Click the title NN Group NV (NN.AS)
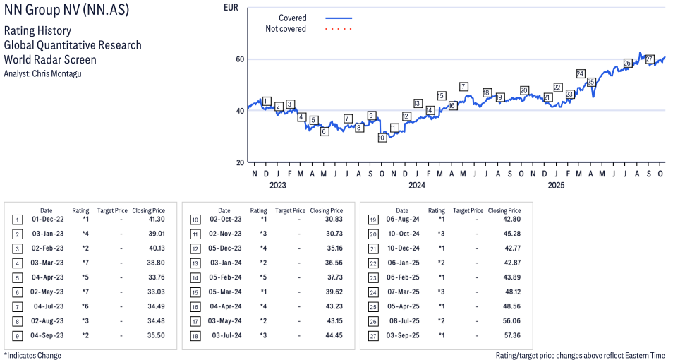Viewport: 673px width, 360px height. [66, 12]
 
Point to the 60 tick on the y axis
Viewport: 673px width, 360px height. [241, 59]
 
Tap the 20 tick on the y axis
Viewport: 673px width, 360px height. [241, 162]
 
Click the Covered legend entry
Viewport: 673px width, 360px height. [292, 18]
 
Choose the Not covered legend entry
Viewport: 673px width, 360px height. [286, 29]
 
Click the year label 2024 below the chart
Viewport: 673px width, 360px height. [416, 186]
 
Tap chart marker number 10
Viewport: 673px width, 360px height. [382, 138]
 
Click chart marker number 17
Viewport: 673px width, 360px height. [463, 87]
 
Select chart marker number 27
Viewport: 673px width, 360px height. [650, 59]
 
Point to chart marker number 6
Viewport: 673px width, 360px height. [324, 131]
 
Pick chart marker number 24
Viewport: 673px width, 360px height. [581, 73]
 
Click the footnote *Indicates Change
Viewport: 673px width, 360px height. [32, 355]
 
